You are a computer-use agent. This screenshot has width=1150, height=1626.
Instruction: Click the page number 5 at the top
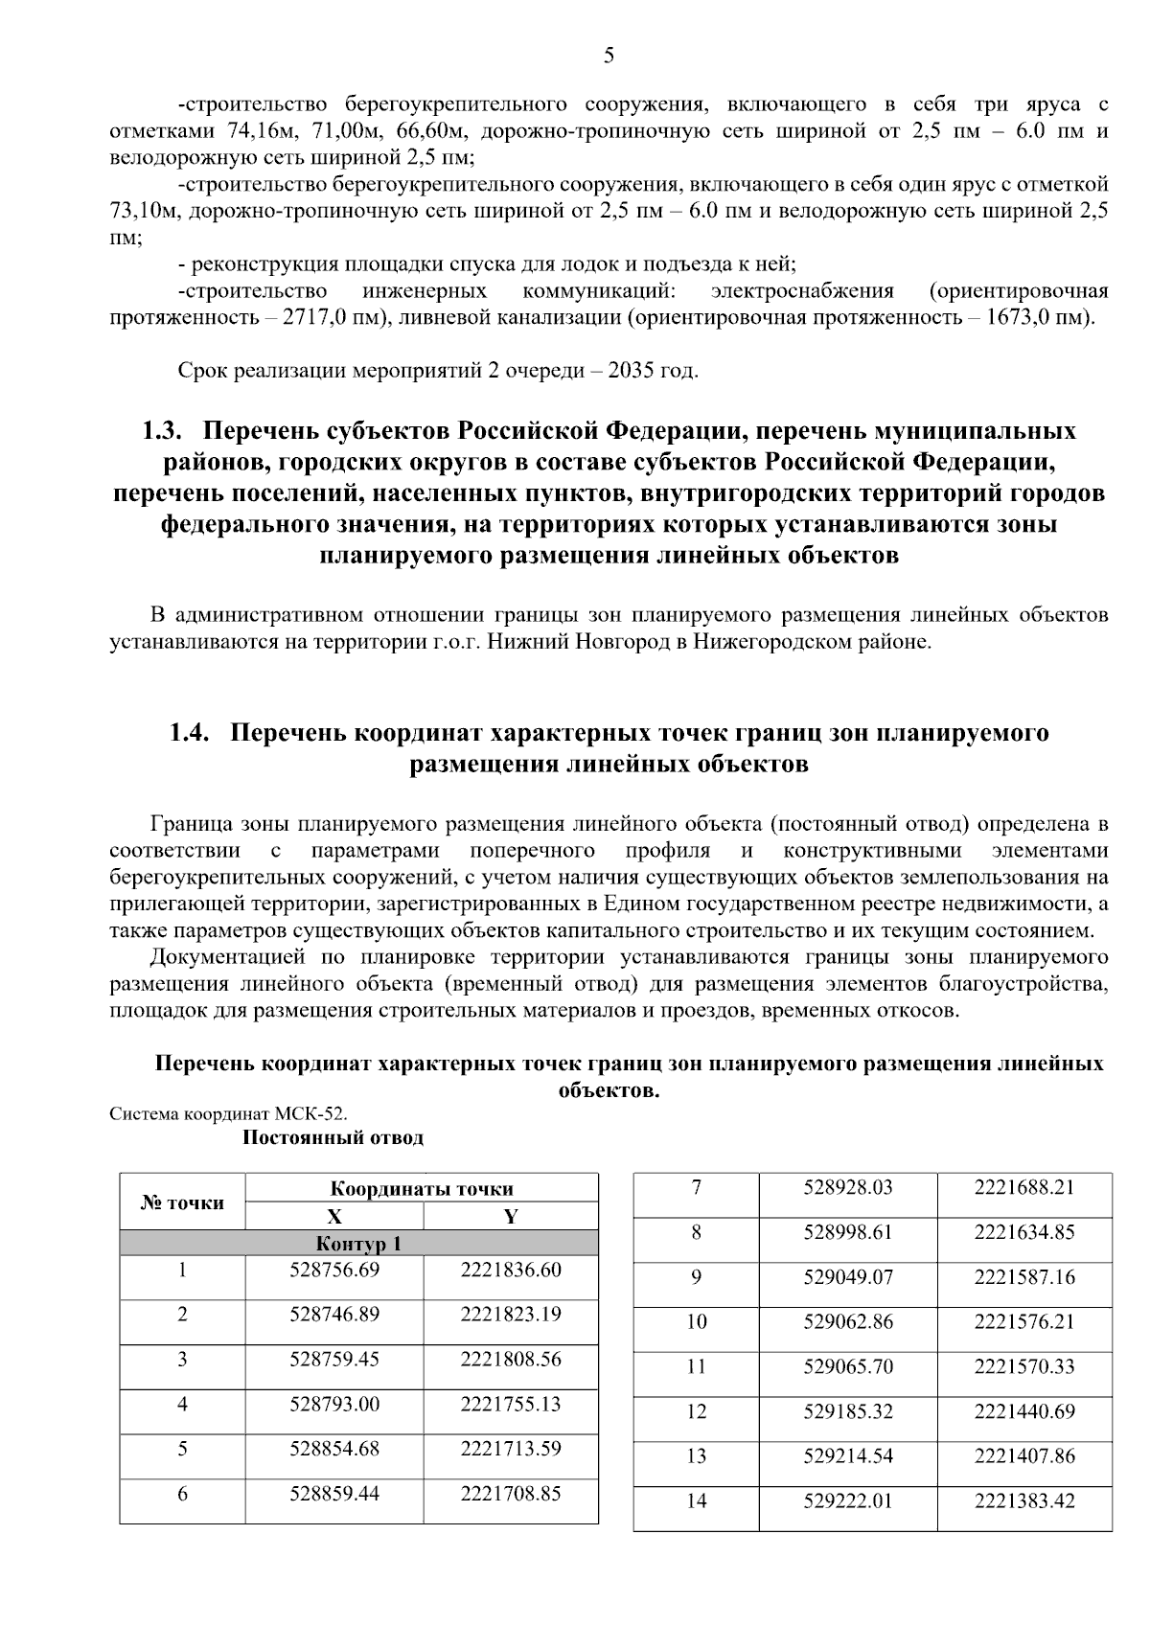point(609,56)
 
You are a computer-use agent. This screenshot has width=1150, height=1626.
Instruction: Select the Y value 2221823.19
point(510,1314)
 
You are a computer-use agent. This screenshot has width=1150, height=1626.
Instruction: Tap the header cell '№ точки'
point(182,1202)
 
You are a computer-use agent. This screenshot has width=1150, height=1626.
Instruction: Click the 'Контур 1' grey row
point(358,1244)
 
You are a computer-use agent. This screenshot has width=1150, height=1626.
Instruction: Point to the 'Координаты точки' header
point(422,1189)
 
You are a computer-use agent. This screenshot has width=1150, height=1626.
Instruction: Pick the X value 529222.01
point(847,1500)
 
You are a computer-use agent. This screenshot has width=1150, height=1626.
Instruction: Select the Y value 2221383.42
point(1023,1500)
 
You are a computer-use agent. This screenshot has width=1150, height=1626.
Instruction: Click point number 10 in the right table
point(696,1322)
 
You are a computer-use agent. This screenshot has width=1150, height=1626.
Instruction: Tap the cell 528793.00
point(334,1404)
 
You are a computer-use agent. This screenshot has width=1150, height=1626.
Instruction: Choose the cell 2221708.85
point(510,1493)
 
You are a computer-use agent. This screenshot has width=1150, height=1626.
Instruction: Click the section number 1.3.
point(163,431)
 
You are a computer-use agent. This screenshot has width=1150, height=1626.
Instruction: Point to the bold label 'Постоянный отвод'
point(333,1137)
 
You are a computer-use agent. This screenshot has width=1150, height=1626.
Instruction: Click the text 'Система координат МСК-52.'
point(229,1113)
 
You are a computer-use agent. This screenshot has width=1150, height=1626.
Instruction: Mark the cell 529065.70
point(847,1366)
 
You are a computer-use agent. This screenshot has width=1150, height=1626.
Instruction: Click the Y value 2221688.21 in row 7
point(1023,1187)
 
